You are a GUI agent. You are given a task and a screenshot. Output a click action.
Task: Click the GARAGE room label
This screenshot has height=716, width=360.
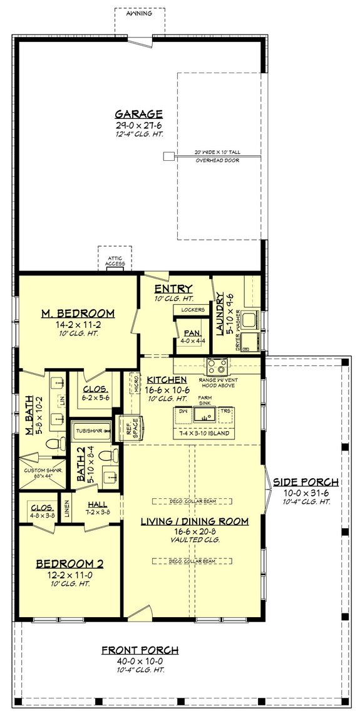(138, 114)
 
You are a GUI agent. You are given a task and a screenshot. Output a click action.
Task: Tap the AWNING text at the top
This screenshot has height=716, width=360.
(139, 13)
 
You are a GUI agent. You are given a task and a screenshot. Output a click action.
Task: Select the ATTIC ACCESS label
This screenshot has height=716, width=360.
(115, 261)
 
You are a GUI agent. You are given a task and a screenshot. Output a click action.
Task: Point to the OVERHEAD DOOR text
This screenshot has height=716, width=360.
(217, 160)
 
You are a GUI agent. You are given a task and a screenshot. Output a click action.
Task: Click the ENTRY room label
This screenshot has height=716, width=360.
(168, 289)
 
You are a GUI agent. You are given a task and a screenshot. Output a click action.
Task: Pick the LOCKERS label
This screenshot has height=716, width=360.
(193, 310)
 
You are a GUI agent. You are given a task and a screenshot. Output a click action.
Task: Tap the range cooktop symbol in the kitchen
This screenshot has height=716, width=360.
(217, 366)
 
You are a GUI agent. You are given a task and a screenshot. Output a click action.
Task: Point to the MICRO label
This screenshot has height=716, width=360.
(134, 382)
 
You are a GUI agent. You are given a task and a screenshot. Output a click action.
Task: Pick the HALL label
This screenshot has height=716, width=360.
(97, 504)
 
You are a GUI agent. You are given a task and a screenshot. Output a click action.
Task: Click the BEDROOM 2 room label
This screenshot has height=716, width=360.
(69, 563)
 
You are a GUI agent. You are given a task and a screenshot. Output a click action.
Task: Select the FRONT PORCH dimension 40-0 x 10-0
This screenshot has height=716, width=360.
(140, 661)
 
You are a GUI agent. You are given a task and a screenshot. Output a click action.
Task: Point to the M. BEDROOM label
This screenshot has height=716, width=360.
(78, 313)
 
